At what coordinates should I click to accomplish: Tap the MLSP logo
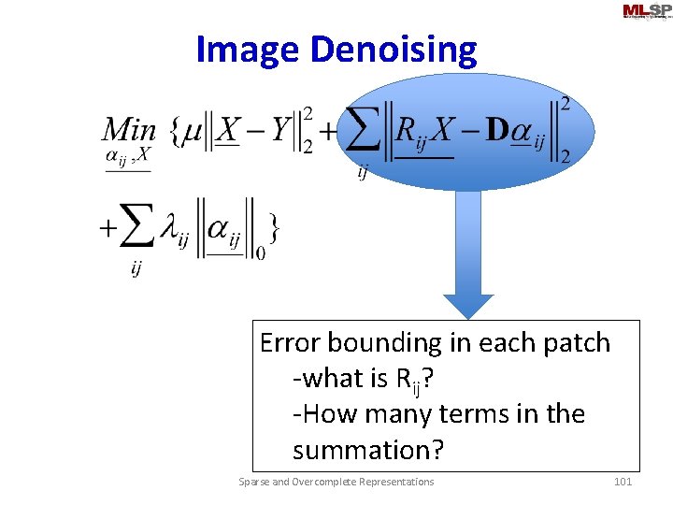click(x=646, y=11)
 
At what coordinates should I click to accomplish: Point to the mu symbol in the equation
click(x=192, y=131)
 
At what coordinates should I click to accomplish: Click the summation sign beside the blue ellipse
click(x=365, y=131)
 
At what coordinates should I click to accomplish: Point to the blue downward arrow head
click(x=467, y=307)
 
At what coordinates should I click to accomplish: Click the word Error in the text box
click(x=290, y=343)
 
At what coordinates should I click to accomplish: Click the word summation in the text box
click(x=367, y=450)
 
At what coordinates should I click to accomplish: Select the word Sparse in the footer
click(x=253, y=482)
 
